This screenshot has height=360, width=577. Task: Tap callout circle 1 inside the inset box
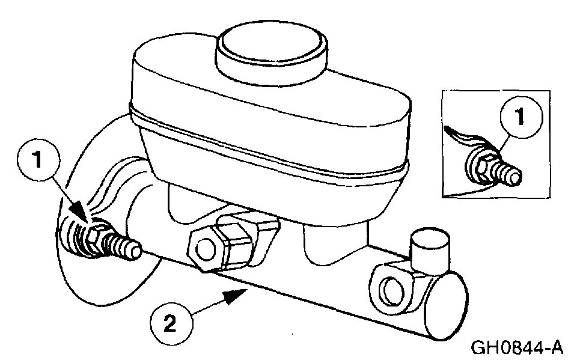pyautogui.click(x=519, y=117)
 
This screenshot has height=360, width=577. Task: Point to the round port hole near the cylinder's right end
pyautogui.click(x=391, y=290)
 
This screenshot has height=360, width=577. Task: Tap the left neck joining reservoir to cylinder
pyautogui.click(x=180, y=204)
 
